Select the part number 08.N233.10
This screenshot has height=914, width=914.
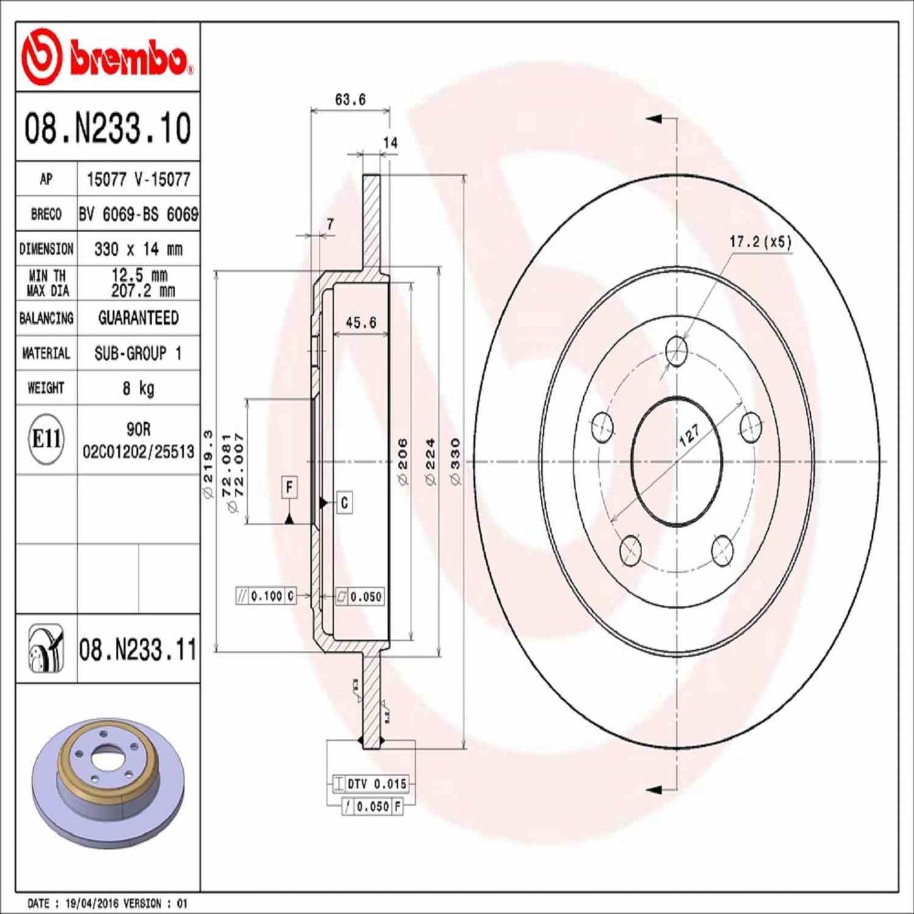pyautogui.click(x=108, y=128)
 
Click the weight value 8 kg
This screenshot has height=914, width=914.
pyautogui.click(x=138, y=388)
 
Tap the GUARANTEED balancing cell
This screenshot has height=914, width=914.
pyautogui.click(x=138, y=318)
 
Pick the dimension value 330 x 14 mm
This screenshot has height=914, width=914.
pyautogui.click(x=138, y=249)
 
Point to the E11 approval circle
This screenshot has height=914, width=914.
pyautogui.click(x=46, y=438)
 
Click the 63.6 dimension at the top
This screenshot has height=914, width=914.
pyautogui.click(x=350, y=99)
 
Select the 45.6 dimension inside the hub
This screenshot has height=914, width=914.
pyautogui.click(x=361, y=323)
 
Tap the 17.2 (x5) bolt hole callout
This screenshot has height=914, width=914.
pyautogui.click(x=760, y=242)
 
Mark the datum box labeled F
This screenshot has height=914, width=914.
pyautogui.click(x=289, y=487)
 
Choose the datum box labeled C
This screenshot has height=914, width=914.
pyautogui.click(x=344, y=503)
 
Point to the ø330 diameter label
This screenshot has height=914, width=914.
pyautogui.click(x=455, y=462)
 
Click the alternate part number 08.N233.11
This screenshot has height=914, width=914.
pyautogui.click(x=137, y=650)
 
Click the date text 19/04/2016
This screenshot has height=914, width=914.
pyautogui.click(x=96, y=903)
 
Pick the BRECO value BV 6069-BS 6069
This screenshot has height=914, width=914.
pyautogui.click(x=138, y=214)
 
